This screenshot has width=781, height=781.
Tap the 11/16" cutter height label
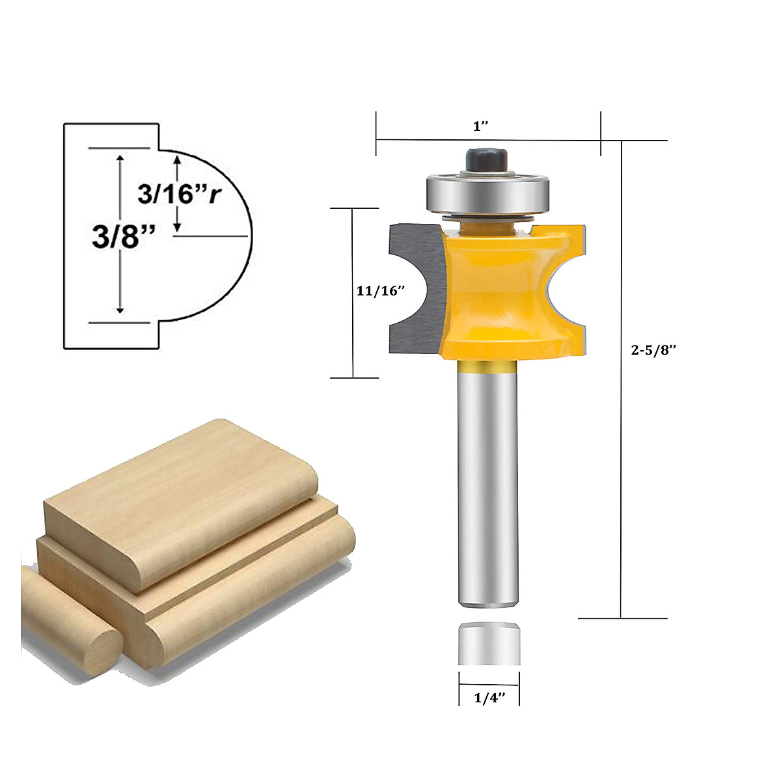(381, 291)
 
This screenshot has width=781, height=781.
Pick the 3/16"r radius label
(180, 193)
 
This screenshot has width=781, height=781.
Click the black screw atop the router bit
(487, 159)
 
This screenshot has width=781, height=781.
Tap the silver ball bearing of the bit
(487, 193)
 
